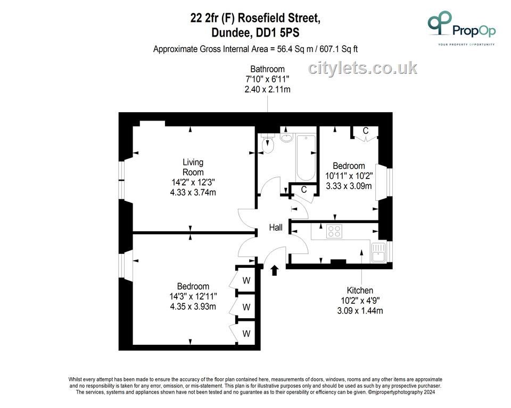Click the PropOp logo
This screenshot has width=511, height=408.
461,28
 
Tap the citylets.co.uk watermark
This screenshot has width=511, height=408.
362,68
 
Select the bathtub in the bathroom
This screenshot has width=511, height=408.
306,157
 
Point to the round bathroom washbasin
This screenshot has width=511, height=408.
287,138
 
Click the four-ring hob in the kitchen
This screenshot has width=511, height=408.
334,231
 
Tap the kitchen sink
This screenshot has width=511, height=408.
378,252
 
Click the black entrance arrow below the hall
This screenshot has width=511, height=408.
275,270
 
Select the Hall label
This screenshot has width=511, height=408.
276,227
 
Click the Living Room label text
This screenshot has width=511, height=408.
193,167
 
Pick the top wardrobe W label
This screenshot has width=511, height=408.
246,280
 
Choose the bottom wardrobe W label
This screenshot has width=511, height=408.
246,334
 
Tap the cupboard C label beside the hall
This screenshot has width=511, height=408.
304,189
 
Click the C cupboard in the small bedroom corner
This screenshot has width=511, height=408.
366,131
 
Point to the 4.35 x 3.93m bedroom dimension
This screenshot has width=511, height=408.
193,307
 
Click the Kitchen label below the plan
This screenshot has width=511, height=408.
360,290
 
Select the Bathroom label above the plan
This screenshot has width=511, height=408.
267,69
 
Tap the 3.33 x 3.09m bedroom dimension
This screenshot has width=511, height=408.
349,186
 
